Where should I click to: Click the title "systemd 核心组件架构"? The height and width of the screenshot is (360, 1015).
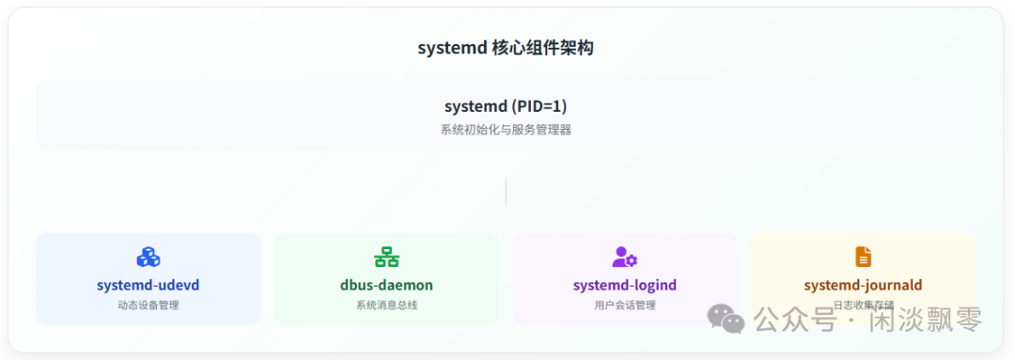(506, 49)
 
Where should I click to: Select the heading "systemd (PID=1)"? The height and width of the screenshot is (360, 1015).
(506, 106)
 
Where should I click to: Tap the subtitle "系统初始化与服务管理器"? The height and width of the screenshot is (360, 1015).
(506, 130)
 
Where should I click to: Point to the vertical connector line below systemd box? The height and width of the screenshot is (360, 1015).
(506, 192)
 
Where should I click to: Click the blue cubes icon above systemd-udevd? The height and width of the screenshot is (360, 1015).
(148, 257)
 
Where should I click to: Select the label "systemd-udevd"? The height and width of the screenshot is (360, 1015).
(148, 285)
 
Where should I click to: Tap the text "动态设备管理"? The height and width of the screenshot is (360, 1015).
(148, 305)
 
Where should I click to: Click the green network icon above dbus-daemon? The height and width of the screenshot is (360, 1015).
(386, 257)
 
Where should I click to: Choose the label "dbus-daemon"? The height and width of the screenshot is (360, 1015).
(386, 285)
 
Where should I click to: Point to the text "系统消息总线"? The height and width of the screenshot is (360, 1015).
(386, 305)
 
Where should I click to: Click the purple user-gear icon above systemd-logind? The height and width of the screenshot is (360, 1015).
(625, 257)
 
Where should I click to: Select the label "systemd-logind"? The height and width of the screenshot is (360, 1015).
(625, 285)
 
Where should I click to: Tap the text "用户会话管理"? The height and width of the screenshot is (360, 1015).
(625, 305)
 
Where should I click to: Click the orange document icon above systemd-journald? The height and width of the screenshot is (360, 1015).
(863, 257)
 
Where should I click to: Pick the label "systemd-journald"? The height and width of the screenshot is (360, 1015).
(863, 285)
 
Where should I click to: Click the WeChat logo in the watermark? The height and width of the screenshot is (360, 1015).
(726, 319)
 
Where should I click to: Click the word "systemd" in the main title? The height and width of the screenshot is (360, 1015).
(451, 49)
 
